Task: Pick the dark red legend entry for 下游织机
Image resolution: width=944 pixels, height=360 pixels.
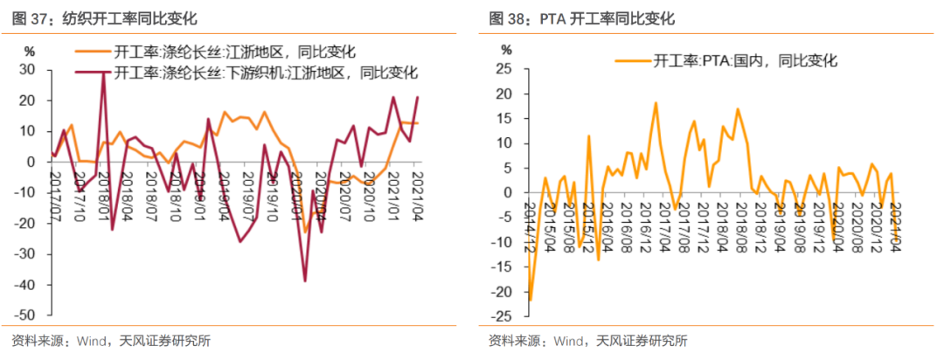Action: coord(253,72)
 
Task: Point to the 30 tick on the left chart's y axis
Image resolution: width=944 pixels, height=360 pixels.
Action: coord(27,70)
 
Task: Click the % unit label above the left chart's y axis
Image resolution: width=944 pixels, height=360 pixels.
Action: coord(30,50)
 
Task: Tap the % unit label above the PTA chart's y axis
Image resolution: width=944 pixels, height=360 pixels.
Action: coord(505,50)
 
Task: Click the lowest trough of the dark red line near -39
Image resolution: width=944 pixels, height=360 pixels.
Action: coord(305,280)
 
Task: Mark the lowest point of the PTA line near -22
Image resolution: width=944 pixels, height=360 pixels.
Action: coord(530,301)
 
